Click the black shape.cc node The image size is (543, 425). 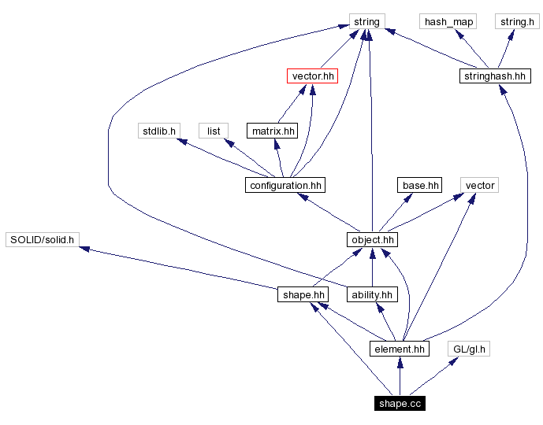click(400, 404)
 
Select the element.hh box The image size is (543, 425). click(400, 349)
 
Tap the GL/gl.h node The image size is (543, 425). click(469, 349)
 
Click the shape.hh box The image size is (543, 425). click(303, 294)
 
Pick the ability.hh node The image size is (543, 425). click(372, 294)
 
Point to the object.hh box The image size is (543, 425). click(372, 239)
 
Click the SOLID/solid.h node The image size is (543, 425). click(42, 239)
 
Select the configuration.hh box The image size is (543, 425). click(285, 185)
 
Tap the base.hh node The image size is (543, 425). click(419, 185)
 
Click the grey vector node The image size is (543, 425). click(480, 185)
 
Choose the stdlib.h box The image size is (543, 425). click(158, 131)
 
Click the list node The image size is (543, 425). click(214, 131)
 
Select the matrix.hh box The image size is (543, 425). click(273, 131)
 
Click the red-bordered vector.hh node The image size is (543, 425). click(313, 76)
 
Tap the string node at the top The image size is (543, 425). click(366, 22)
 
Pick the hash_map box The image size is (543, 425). click(449, 22)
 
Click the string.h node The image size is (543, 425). click(517, 22)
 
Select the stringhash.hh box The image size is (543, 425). click(494, 76)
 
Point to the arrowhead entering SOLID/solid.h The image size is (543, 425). click(85, 249)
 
